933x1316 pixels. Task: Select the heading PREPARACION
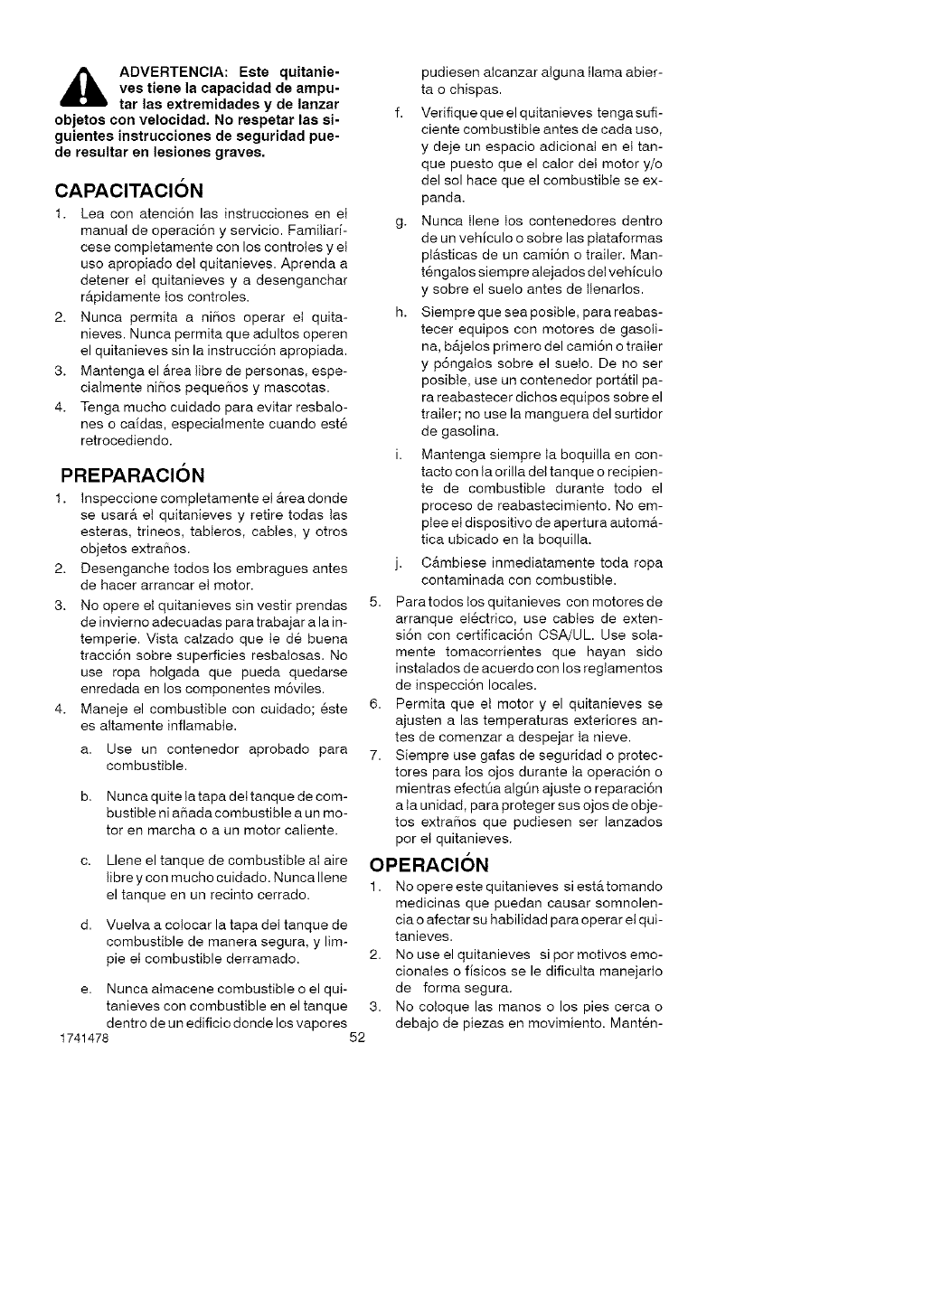click(133, 475)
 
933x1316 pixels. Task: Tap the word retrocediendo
click(126, 441)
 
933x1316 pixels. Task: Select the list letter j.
click(399, 563)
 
